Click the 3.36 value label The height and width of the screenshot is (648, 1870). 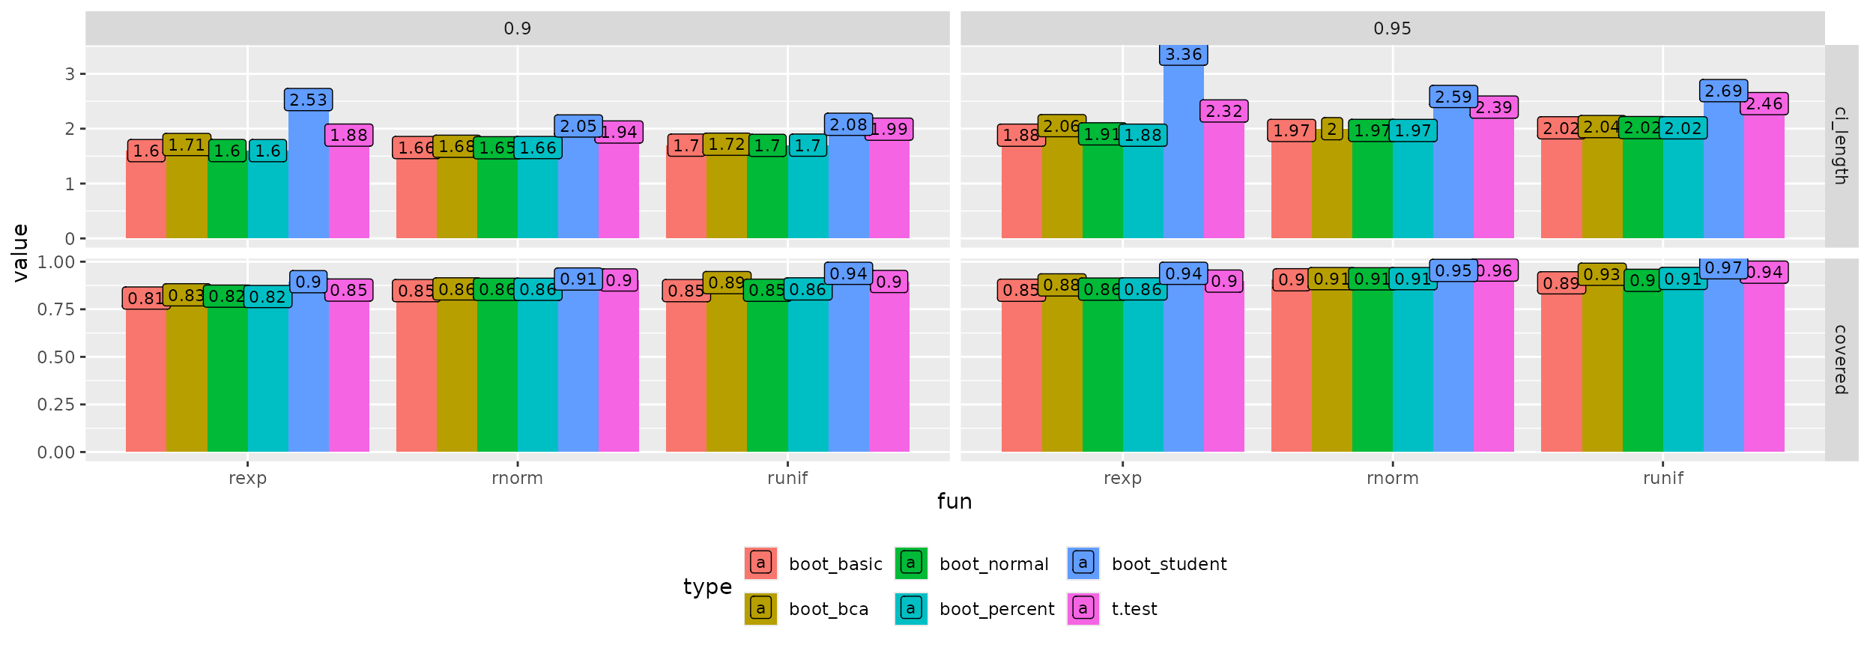click(1183, 55)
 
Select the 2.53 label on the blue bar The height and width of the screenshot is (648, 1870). click(308, 100)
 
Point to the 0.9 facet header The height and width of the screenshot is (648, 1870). click(517, 28)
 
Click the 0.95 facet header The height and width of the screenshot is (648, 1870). click(1392, 28)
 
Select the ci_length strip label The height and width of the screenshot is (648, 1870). click(1841, 146)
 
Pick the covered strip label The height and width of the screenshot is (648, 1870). click(1841, 360)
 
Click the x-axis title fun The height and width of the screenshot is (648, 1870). click(954, 501)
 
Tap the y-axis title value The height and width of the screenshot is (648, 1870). click(20, 252)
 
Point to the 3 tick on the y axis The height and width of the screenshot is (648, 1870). click(70, 74)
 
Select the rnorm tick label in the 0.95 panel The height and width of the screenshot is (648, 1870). click(1392, 478)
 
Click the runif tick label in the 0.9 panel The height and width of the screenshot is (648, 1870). click(787, 478)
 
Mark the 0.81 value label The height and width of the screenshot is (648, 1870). click(145, 298)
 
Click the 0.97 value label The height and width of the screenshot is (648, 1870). click(1723, 267)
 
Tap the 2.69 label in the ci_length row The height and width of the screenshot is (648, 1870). click(1723, 91)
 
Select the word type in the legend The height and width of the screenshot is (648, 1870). click(707, 587)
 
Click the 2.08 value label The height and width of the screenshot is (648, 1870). click(848, 124)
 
